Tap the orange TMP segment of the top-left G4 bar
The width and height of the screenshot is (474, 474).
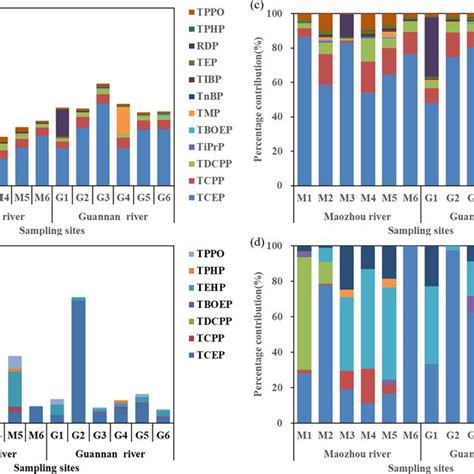[x=123, y=120]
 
